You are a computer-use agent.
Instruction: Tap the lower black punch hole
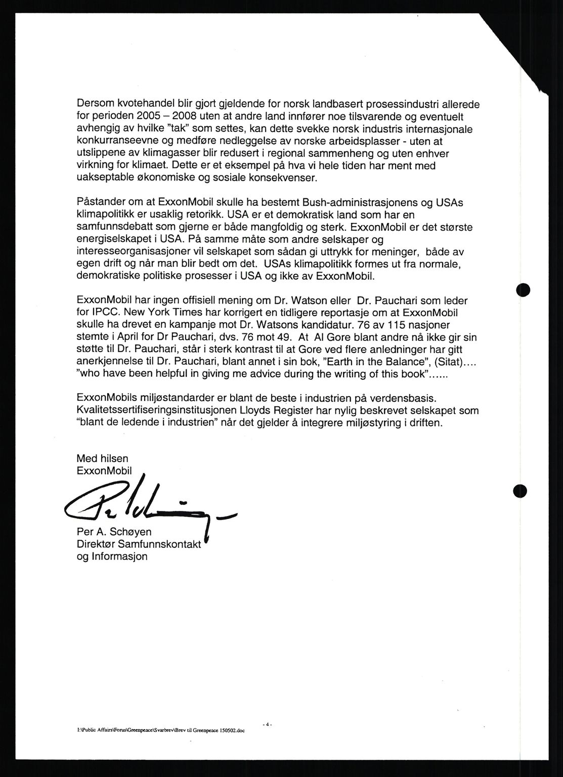(519, 490)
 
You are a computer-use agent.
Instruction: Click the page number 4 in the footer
(268, 725)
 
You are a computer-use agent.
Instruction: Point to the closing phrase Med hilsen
(102, 458)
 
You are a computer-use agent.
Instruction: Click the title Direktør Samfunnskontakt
(139, 545)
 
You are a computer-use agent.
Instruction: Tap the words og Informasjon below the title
(112, 556)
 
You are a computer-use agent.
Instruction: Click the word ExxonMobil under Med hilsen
(104, 470)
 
